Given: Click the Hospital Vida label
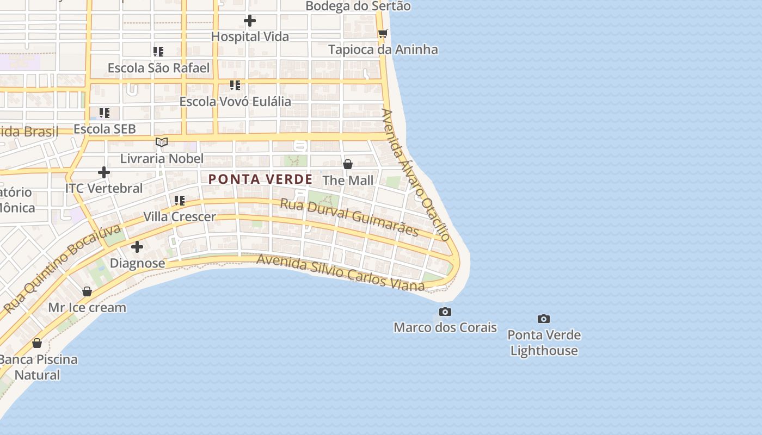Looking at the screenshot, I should [250, 36].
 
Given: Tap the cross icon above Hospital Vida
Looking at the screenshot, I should [250, 21].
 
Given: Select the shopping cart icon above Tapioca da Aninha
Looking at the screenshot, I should [383, 33].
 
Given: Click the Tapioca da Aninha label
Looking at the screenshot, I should [383, 49].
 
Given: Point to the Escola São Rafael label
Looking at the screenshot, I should [158, 68].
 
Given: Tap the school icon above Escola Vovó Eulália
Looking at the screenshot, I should [235, 85].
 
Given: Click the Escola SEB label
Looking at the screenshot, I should [105, 129].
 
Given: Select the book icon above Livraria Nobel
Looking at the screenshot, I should [162, 142].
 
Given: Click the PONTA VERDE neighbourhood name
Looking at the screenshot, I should [261, 179].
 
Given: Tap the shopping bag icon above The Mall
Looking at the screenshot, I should [348, 164].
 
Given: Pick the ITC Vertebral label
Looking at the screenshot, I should [104, 188].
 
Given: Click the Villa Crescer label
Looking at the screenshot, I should [180, 216].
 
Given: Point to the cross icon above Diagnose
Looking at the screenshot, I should [137, 247].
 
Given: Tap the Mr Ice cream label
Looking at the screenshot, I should [87, 307].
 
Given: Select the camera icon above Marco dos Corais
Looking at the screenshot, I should [445, 312].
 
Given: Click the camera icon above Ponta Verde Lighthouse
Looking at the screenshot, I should [544, 319].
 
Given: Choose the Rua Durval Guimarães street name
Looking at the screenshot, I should [349, 217].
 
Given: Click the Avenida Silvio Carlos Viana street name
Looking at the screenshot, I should [340, 272].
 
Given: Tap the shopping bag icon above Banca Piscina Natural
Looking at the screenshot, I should [37, 343].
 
